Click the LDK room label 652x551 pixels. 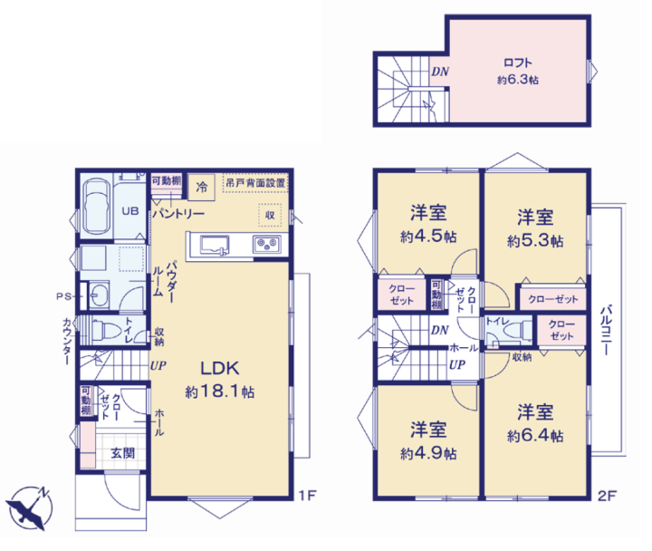point(220,368)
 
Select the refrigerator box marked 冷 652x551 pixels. point(201,187)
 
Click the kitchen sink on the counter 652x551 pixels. point(215,245)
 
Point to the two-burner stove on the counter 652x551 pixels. point(266,244)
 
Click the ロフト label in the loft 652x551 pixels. point(518,63)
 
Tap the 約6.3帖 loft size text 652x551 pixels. point(518,80)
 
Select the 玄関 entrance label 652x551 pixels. point(122,453)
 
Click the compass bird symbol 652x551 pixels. point(29,508)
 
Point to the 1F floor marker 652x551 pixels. point(307,495)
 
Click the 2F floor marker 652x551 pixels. point(607,496)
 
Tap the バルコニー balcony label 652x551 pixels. point(606,330)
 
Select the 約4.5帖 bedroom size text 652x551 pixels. point(428,237)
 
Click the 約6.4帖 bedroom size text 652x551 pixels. point(535,436)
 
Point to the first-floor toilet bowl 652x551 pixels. point(101,331)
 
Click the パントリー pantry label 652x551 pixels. point(178,214)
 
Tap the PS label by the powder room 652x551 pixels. point(63,296)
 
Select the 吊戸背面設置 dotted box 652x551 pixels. point(255,183)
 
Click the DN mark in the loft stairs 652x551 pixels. point(440,72)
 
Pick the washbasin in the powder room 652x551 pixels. point(100,295)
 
